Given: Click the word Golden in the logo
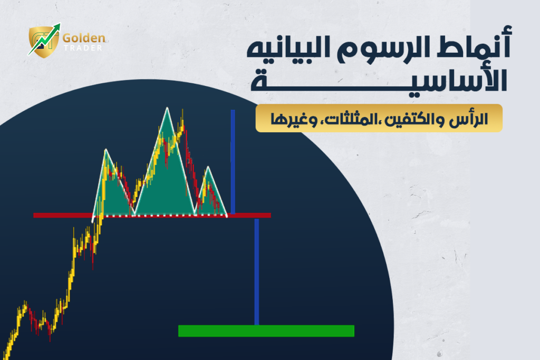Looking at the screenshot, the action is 84,38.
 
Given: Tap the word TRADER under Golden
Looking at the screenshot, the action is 83,48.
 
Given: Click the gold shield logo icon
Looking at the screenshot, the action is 43,42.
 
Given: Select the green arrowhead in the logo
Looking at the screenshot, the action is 56,27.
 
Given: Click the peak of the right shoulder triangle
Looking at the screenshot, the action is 208,167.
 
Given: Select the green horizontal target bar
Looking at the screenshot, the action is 266,330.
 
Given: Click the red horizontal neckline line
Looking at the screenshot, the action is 152,216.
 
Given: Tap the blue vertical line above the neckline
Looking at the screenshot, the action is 233,162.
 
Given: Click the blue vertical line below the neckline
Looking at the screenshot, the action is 257,272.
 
